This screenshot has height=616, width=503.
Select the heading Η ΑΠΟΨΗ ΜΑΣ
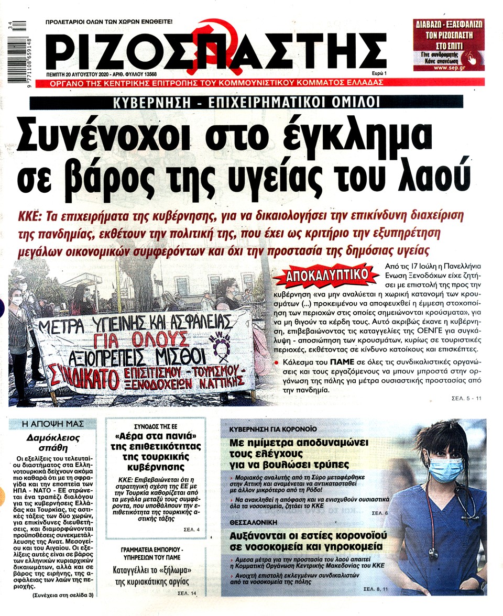56,424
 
